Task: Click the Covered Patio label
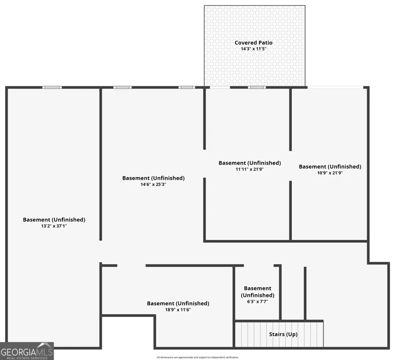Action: [254, 43]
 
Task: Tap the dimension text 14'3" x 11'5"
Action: [254, 49]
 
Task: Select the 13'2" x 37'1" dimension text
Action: [54, 226]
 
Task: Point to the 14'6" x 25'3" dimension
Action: [153, 184]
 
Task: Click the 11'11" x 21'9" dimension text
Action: [249, 169]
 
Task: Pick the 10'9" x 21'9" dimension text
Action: [330, 173]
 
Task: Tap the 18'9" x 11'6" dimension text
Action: [178, 310]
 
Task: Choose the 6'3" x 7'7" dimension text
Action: [257, 301]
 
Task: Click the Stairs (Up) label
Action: [283, 334]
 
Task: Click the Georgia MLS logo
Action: [27, 351]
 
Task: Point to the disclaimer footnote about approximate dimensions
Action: [197, 357]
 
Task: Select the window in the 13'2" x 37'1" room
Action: [52, 87]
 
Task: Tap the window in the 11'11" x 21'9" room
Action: [257, 87]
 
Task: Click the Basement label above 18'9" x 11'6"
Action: [178, 304]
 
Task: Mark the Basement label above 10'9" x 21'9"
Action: [330, 167]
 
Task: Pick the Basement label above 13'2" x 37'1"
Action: [54, 220]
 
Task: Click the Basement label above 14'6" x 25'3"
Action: [153, 178]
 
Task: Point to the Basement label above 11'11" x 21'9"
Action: [249, 163]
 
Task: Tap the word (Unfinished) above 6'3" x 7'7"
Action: [257, 295]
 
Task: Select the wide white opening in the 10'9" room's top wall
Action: [335, 87]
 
